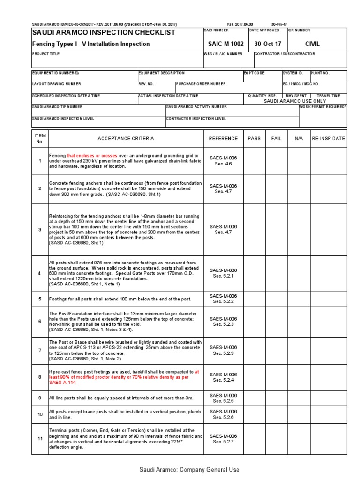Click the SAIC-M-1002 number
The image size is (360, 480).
(x=226, y=44)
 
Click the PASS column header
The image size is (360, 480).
(x=254, y=139)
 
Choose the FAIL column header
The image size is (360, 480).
(x=277, y=139)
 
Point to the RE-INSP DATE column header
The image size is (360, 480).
(x=328, y=139)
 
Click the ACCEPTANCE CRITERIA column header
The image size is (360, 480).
(x=125, y=139)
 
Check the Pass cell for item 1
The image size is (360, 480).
(x=254, y=161)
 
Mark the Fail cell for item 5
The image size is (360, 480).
(x=277, y=299)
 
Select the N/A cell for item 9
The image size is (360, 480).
(x=299, y=398)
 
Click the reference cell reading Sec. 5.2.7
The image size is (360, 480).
(x=223, y=442)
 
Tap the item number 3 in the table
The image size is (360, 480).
(x=40, y=230)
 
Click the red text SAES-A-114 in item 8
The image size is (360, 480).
(x=62, y=382)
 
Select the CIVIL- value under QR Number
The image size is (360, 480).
(x=314, y=44)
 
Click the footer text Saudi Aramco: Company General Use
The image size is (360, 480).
(x=189, y=470)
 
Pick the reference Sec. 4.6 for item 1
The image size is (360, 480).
(x=223, y=164)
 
